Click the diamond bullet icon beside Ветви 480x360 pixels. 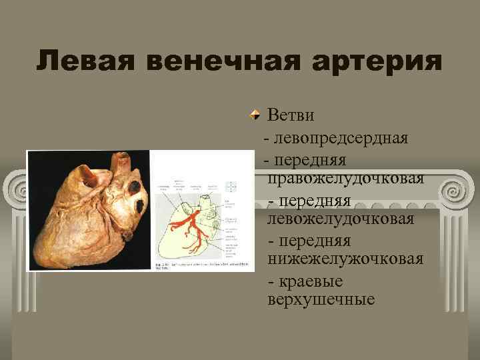(x=256, y=115)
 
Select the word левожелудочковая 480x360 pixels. (x=340, y=219)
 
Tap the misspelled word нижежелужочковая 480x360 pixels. (x=345, y=258)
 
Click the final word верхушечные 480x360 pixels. (x=321, y=299)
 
